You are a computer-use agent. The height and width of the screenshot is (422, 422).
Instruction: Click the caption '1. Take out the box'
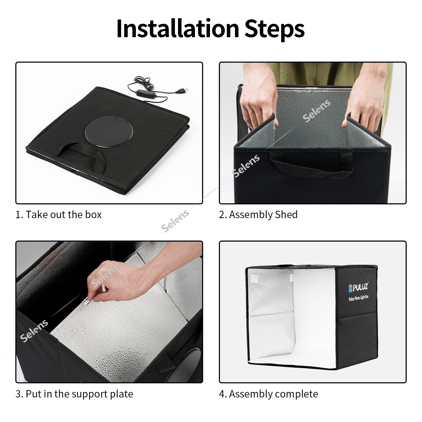click(x=59, y=214)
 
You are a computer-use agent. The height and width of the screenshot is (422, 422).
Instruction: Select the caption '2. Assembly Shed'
click(x=258, y=215)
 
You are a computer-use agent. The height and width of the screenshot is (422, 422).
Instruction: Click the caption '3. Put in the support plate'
click(x=74, y=394)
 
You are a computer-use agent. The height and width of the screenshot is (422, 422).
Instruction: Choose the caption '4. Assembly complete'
click(x=268, y=394)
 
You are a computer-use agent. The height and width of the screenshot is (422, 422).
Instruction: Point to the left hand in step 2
click(x=258, y=95)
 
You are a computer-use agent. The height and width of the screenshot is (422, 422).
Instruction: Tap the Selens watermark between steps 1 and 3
click(x=175, y=221)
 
